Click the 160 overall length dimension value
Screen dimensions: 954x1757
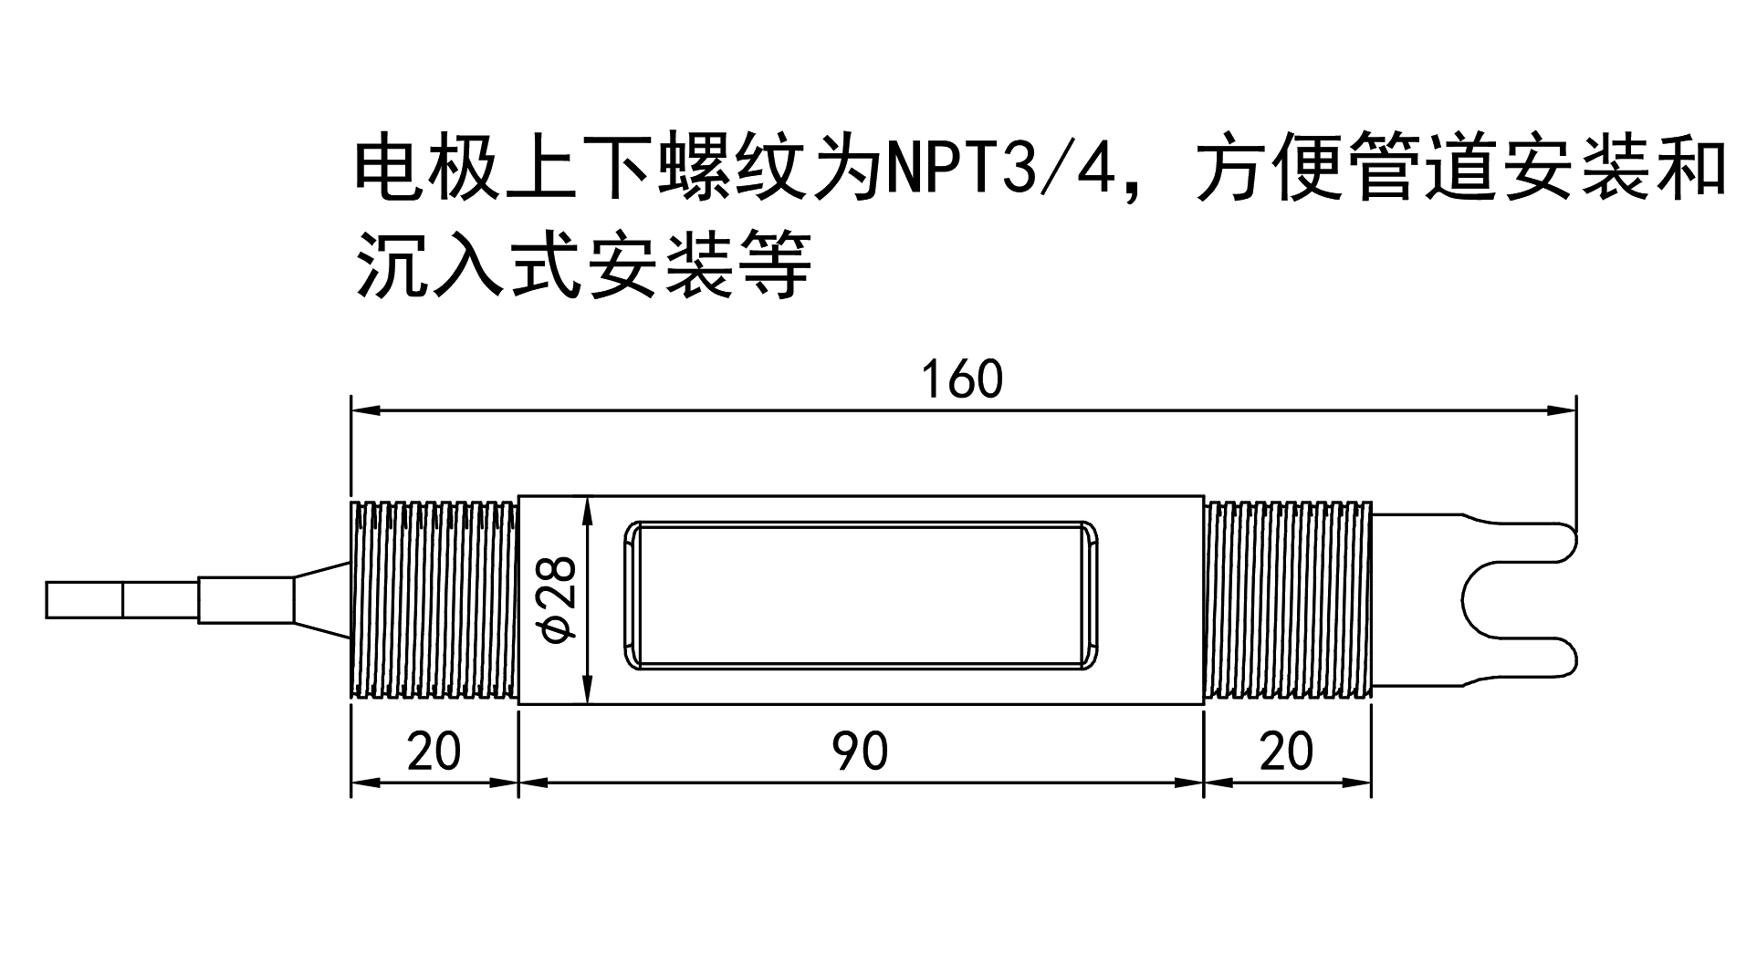point(962,380)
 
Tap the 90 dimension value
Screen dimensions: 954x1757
point(860,752)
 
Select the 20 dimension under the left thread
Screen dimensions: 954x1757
point(434,752)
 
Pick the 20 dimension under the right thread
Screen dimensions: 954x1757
point(1286,752)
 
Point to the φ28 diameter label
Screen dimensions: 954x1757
point(558,599)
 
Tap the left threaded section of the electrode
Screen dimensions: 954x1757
point(434,599)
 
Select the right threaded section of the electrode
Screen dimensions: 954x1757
point(1287,599)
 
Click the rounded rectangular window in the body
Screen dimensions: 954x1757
point(860,597)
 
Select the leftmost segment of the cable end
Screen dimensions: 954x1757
point(84,599)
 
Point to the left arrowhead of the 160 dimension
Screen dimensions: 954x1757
point(365,410)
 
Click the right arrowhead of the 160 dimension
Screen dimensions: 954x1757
point(1563,410)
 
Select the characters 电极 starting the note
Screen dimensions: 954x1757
point(428,169)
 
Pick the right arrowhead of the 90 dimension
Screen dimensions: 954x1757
point(1190,783)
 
